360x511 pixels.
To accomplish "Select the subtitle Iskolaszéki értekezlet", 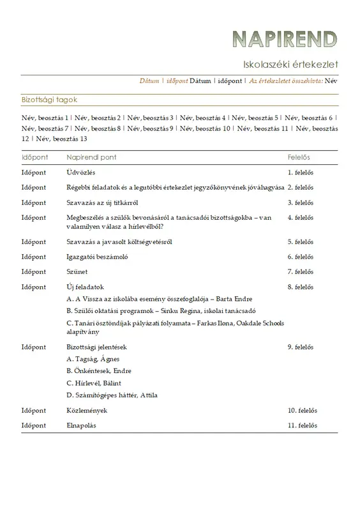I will tap(290, 64).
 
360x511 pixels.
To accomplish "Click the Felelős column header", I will tap(299, 156).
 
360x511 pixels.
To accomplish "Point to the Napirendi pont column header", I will tap(91, 156).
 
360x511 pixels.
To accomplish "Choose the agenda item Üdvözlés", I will tap(81, 172).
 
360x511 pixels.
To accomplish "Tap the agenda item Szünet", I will tap(78, 272).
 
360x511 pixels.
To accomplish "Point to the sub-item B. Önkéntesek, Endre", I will tap(98, 370).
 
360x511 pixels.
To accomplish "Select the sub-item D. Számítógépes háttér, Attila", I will tap(112, 395).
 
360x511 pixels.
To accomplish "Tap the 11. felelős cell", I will tap(302, 426).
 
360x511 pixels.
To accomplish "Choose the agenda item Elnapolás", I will tap(81, 426).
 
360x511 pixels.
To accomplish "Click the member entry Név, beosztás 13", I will tap(61, 139).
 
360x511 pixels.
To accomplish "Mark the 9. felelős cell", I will tap(300, 347).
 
